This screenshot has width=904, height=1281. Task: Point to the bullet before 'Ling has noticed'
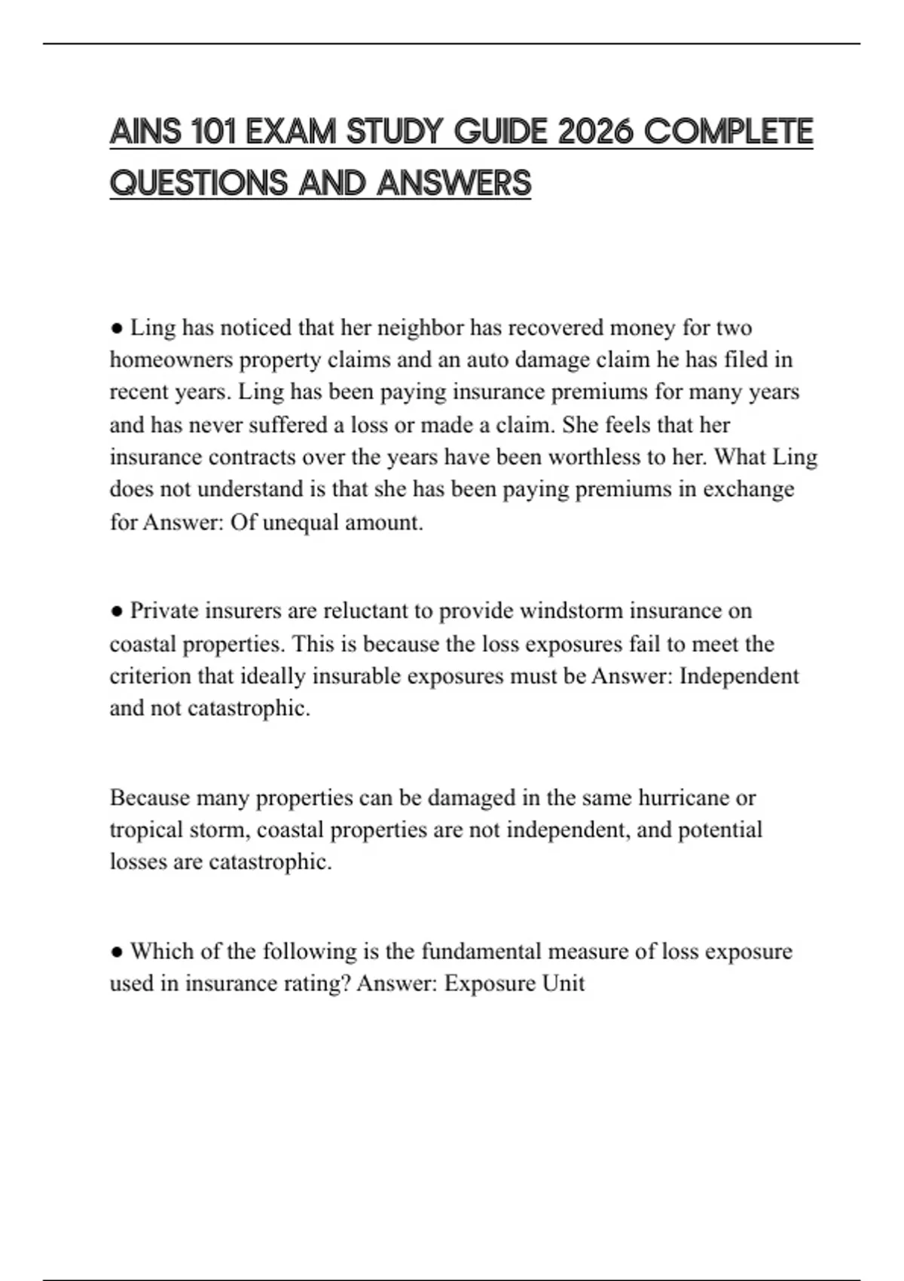[117, 329]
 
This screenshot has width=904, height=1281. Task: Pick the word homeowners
[171, 360]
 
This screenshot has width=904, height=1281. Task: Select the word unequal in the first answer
[300, 522]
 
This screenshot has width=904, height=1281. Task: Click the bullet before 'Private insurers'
[117, 611]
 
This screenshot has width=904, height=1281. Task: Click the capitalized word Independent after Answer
[739, 676]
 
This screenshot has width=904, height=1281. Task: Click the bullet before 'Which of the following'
[117, 952]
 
